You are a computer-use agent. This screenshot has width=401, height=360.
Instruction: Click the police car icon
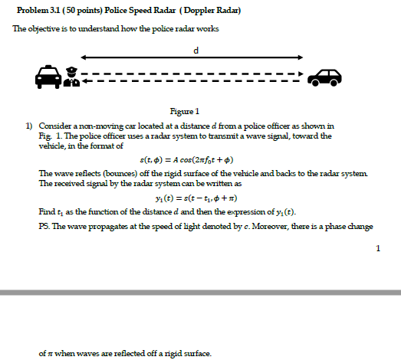(x=47, y=77)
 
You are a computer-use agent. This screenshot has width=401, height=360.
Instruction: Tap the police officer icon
(x=71, y=77)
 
